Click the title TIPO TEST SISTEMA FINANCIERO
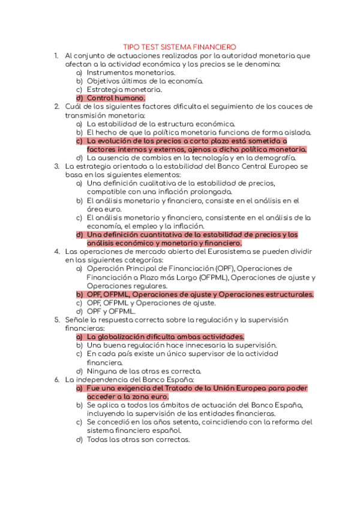coord(179,46)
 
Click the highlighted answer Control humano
coord(116,98)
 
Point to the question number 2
coord(56,106)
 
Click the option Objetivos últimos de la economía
coord(145,80)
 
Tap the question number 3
coord(56,166)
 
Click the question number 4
coord(56,251)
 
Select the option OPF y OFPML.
coord(111,312)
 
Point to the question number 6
coord(56,380)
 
